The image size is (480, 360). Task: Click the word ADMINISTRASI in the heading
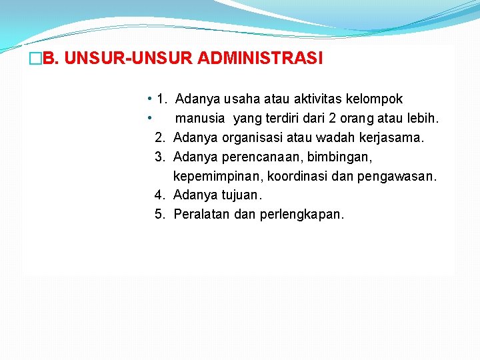[x=260, y=59]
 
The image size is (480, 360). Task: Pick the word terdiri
[x=292, y=119]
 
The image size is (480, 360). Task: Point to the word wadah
[x=339, y=138]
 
